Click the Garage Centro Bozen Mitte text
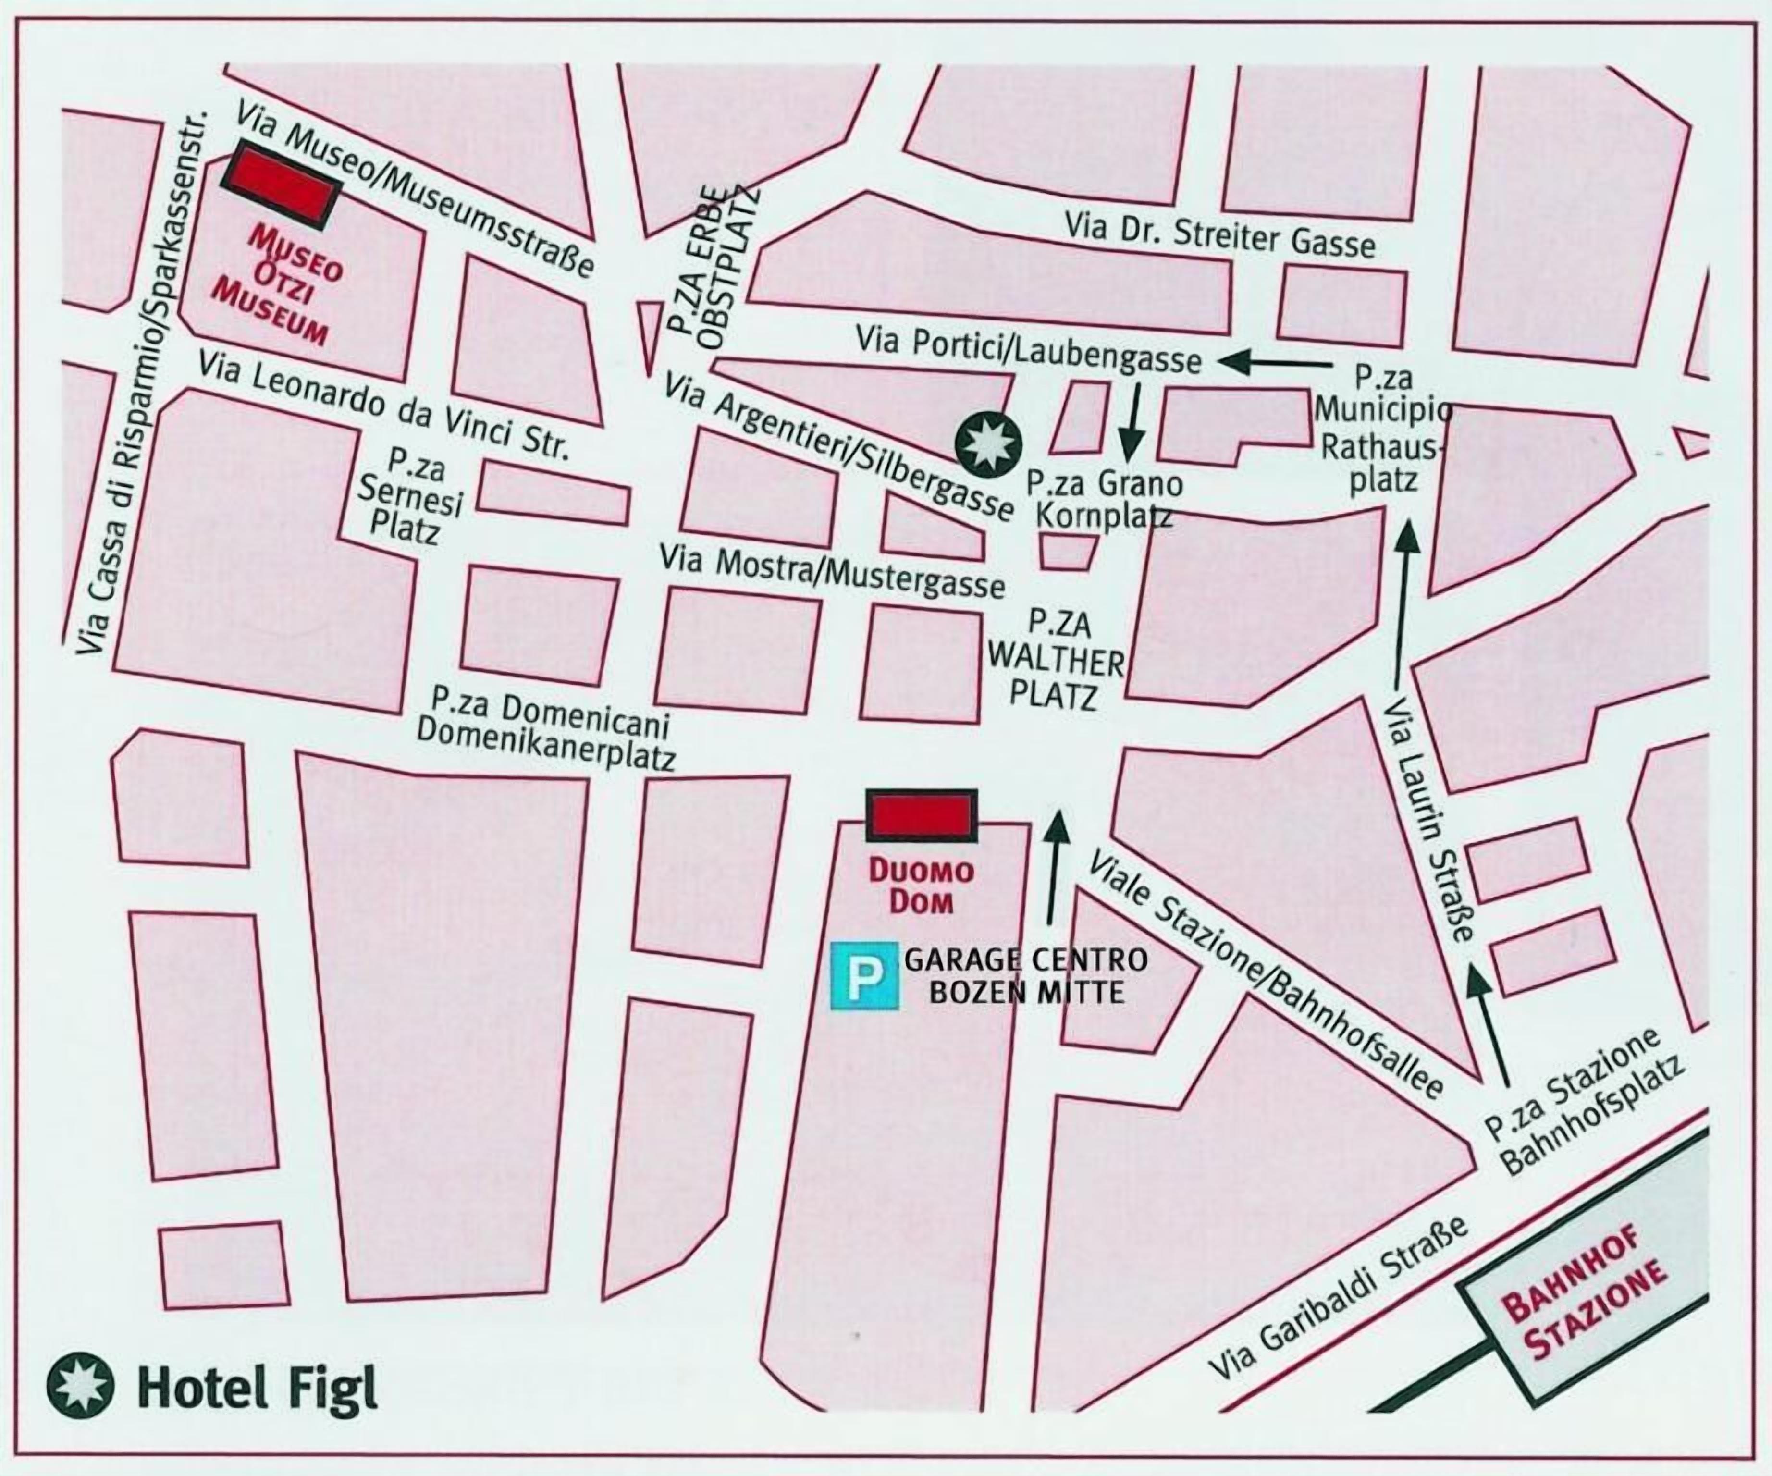pos(1026,976)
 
